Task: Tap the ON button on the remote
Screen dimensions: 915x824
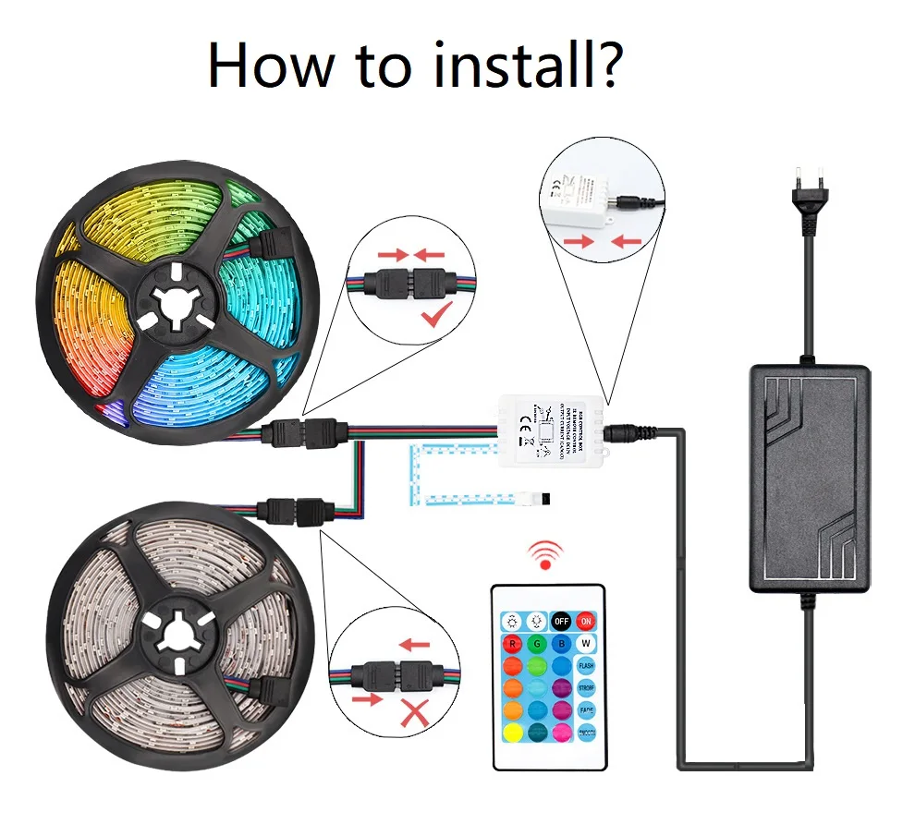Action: pos(586,622)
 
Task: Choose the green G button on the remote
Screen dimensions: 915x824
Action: pos(536,644)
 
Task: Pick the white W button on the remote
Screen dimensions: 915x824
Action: pos(586,644)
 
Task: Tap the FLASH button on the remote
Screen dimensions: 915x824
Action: pos(586,666)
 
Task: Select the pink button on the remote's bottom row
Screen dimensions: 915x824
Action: pos(561,733)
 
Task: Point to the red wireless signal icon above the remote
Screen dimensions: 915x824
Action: pos(545,553)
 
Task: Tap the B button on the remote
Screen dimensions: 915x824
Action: pos(561,644)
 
